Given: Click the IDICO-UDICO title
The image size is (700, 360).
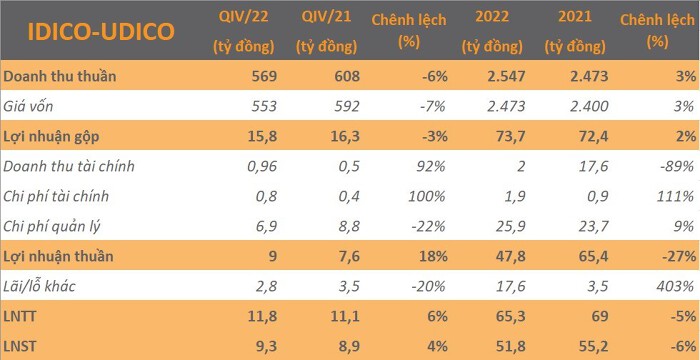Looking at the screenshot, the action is tap(101, 32).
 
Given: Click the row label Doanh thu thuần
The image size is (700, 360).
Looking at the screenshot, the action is tap(60, 76).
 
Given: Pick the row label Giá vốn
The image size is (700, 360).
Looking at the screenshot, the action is tap(28, 106).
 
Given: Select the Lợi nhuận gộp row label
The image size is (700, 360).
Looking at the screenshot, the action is tap(51, 136).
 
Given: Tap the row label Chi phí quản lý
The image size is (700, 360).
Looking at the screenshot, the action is tap(52, 226).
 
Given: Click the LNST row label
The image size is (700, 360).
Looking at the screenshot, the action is tap(20, 346).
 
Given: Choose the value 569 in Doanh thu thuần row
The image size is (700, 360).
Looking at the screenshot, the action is tap(264, 76).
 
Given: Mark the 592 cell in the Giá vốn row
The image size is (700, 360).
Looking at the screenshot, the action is tap(347, 106).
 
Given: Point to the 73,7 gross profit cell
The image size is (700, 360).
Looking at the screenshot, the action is tap(511, 136).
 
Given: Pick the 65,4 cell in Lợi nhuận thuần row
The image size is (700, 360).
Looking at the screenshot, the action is tap(594, 256).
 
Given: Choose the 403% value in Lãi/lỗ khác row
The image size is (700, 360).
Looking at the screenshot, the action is tap(675, 286).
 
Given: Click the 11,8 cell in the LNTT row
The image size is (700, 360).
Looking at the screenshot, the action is tap(262, 316).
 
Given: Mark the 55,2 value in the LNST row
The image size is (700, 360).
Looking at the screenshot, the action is tap(594, 346).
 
